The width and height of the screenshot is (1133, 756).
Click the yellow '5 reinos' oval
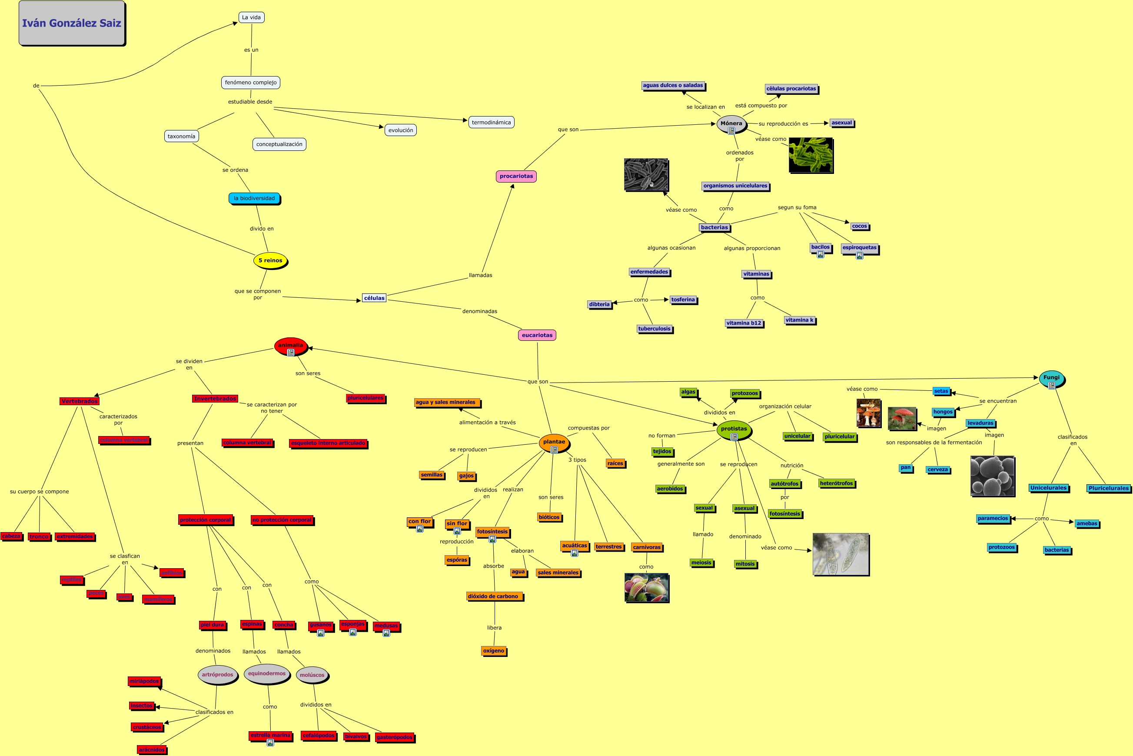[x=270, y=260]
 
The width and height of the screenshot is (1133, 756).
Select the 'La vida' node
[x=251, y=17]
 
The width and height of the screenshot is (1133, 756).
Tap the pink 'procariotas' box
[x=516, y=176]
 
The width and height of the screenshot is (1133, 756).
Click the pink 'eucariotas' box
[x=537, y=335]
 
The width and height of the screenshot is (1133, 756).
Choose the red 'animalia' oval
[x=291, y=345]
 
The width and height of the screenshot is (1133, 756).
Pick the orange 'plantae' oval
[x=554, y=442]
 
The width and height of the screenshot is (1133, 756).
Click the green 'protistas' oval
[x=734, y=429]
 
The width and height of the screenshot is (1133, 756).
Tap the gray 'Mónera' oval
[x=731, y=123]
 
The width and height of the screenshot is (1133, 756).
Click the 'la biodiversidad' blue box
[x=254, y=198]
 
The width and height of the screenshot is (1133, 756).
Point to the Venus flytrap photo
[x=646, y=587]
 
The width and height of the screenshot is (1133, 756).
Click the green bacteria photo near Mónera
[x=811, y=155]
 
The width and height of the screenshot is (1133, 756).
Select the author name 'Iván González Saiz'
[x=72, y=23]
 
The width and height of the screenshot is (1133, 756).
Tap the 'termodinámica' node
[x=491, y=123]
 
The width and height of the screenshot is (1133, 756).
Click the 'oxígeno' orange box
[x=494, y=651]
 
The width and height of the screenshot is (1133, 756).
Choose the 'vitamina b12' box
[x=744, y=323]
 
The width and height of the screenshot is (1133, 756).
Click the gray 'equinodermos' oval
[x=266, y=673]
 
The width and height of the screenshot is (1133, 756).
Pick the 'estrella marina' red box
[x=270, y=735]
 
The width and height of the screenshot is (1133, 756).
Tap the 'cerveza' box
[x=937, y=470]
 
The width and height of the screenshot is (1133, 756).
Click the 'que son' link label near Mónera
[x=568, y=129]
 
